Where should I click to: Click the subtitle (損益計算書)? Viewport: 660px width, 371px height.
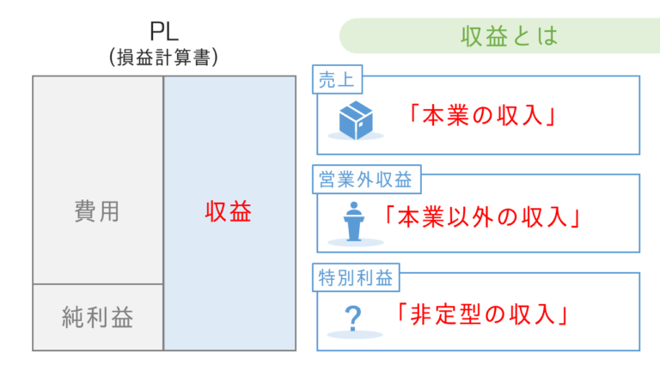pos(163,58)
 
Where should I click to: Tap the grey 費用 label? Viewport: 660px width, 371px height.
pos(97,212)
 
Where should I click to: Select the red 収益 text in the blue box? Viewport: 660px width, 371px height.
pos(229,212)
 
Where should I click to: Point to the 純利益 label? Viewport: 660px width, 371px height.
pos(98,318)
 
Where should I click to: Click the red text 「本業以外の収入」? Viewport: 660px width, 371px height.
pos(480,216)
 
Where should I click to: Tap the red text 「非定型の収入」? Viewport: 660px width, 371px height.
pos(480,315)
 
